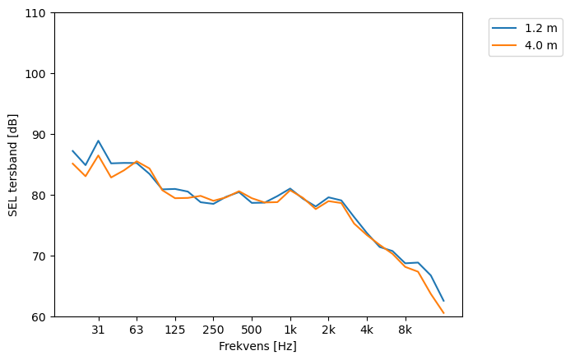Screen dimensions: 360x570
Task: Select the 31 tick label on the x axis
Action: (x=98, y=330)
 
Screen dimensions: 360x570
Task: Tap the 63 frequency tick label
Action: (x=137, y=330)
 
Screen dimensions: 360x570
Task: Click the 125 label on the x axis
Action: (x=174, y=330)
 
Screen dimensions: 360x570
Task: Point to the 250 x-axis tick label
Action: (x=213, y=330)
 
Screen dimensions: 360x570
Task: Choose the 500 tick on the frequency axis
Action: (x=252, y=330)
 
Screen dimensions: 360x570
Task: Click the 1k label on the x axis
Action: (x=290, y=330)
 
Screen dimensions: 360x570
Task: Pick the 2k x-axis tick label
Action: (x=328, y=330)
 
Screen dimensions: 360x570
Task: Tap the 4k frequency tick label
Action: (x=367, y=330)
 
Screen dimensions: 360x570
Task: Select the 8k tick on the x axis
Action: (x=405, y=330)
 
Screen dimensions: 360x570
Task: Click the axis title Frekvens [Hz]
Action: (x=257, y=346)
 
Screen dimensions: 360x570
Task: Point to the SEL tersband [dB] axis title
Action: (x=12, y=164)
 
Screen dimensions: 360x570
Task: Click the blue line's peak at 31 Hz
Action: (x=98, y=141)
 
